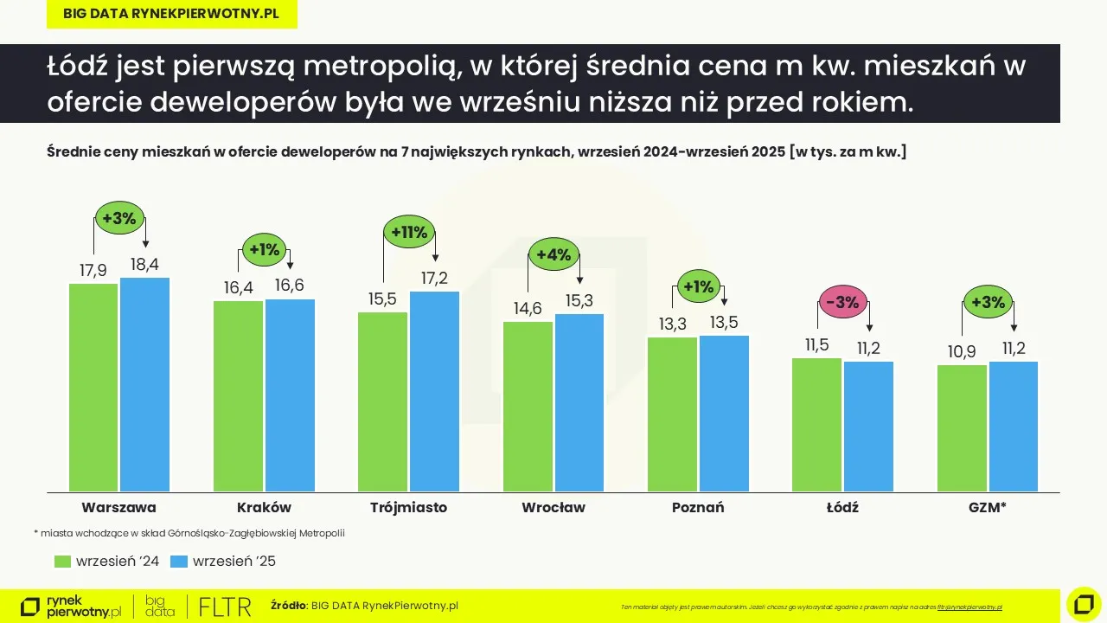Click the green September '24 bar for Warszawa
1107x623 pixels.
point(93,388)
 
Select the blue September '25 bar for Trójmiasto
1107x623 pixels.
point(434,391)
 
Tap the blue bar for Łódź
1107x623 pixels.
point(868,427)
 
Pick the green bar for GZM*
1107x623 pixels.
point(962,428)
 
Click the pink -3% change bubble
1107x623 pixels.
point(842,303)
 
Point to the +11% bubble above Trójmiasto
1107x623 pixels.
point(409,232)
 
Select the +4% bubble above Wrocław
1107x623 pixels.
point(553,255)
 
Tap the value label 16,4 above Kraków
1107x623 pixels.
point(238,287)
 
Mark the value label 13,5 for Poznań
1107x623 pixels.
point(724,323)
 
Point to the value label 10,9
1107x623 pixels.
point(962,352)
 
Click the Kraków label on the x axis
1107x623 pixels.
point(264,507)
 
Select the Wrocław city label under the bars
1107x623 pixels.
point(553,507)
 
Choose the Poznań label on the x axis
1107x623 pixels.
point(698,507)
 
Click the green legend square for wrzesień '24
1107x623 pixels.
point(62,562)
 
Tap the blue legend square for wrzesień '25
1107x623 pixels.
point(179,562)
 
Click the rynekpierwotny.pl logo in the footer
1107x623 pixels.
point(71,606)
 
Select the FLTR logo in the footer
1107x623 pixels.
point(225,606)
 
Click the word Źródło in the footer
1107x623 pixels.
point(289,606)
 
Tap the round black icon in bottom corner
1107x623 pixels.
point(1084,603)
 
